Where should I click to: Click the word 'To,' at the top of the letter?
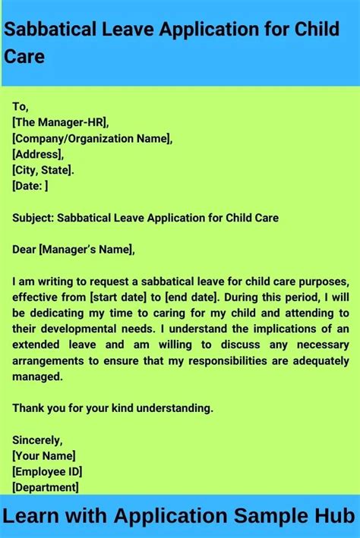coord(20,107)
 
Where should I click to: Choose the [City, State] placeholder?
coord(43,170)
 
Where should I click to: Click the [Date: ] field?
coord(30,185)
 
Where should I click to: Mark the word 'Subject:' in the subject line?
coord(33,218)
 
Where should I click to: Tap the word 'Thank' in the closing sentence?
coord(27,408)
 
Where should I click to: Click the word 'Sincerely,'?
coord(37,440)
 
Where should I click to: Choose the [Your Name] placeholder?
coord(44,456)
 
